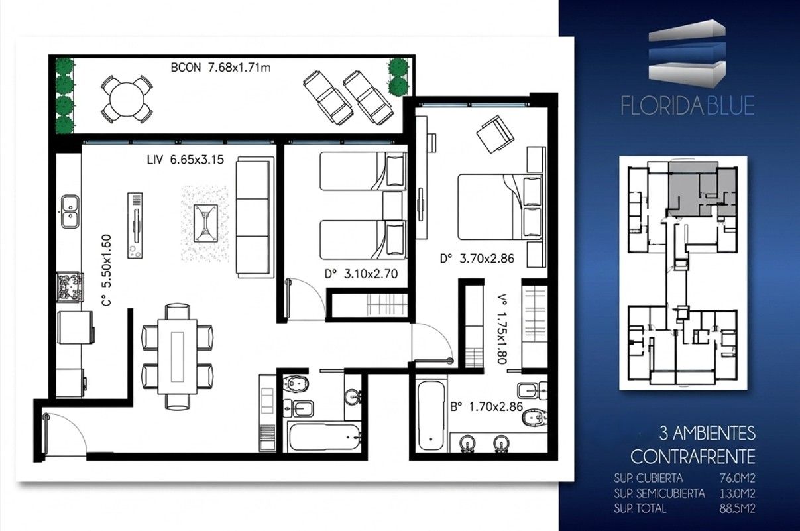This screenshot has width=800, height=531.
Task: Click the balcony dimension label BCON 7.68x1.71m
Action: (x=221, y=67)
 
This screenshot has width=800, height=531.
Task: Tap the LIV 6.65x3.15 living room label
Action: (x=186, y=160)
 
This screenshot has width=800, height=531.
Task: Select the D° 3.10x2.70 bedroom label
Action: (x=361, y=274)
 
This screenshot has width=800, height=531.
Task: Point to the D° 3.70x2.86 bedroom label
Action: (x=477, y=258)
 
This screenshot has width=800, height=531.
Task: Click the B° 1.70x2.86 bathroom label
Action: (x=486, y=407)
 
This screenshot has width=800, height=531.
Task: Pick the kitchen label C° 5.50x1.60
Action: (x=107, y=270)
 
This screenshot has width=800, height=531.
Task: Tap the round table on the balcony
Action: (x=127, y=99)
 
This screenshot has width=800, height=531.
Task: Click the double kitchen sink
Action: (x=70, y=211)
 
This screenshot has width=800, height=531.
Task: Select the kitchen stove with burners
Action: (x=70, y=287)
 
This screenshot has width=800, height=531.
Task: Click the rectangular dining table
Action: (x=178, y=357)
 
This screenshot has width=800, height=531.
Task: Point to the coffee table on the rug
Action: (x=205, y=223)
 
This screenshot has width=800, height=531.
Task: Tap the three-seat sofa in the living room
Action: (x=255, y=217)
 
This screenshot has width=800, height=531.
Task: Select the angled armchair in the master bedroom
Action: (x=495, y=134)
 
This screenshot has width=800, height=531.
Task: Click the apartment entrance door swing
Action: (x=64, y=434)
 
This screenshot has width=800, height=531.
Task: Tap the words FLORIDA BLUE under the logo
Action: (x=687, y=105)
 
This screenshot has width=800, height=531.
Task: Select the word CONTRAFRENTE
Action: (x=693, y=456)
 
